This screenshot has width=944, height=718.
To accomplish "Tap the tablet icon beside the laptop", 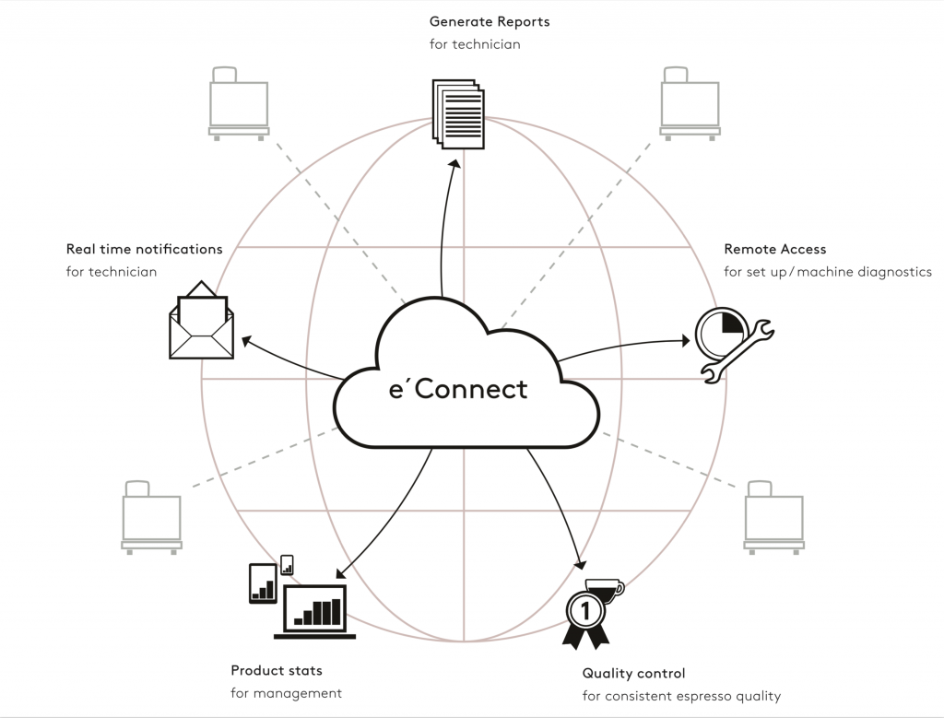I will pyautogui.click(x=264, y=583).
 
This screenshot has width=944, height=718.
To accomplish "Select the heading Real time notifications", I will pyautogui.click(x=144, y=249).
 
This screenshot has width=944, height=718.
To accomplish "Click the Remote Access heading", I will pyautogui.click(x=774, y=249).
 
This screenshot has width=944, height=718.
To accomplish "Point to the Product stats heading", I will pyautogui.click(x=277, y=670).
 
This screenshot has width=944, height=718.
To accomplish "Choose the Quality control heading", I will pyautogui.click(x=633, y=674).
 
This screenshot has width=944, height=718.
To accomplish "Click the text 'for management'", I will pyautogui.click(x=286, y=692).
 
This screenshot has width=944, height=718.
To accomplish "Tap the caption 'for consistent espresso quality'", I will pyautogui.click(x=681, y=696).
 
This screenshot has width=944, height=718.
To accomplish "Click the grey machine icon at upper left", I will pyautogui.click(x=239, y=102).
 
